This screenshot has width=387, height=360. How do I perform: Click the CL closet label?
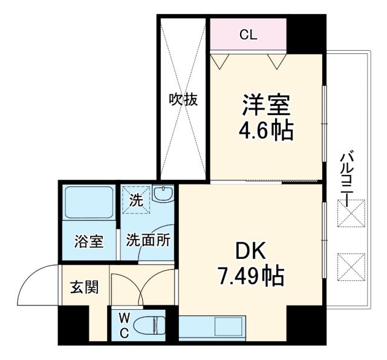(248, 34)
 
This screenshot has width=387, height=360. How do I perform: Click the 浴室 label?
(88, 241)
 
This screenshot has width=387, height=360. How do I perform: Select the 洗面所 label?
(148, 240)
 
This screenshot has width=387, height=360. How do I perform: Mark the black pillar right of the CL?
(306, 34)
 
